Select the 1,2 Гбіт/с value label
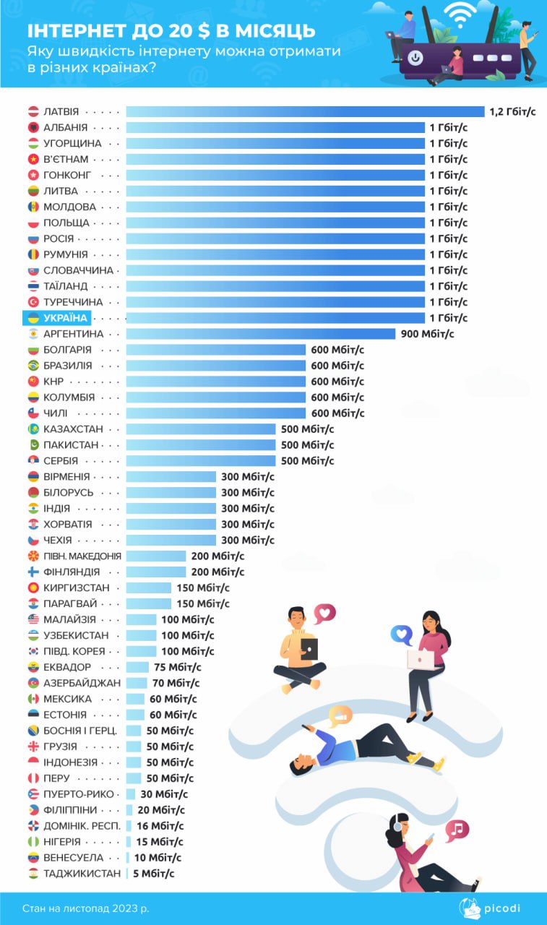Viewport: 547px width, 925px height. tap(513, 111)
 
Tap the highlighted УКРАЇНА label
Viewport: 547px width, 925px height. tap(65, 318)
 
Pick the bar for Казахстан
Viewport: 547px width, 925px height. tap(201, 429)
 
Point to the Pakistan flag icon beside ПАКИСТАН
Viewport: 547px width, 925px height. tap(33, 445)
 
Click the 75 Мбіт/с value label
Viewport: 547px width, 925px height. tap(177, 668)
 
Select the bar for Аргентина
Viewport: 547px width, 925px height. tap(261, 334)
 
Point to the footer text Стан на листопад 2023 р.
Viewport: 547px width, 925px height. tap(86, 908)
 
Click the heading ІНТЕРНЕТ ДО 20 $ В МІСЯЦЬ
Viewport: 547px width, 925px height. tap(171, 31)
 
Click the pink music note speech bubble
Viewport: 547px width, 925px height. tap(457, 830)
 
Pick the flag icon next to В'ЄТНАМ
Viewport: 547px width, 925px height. tap(33, 159)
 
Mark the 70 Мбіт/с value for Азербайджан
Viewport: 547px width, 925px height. tap(176, 684)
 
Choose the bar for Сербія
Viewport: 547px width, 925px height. tap(201, 461)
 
